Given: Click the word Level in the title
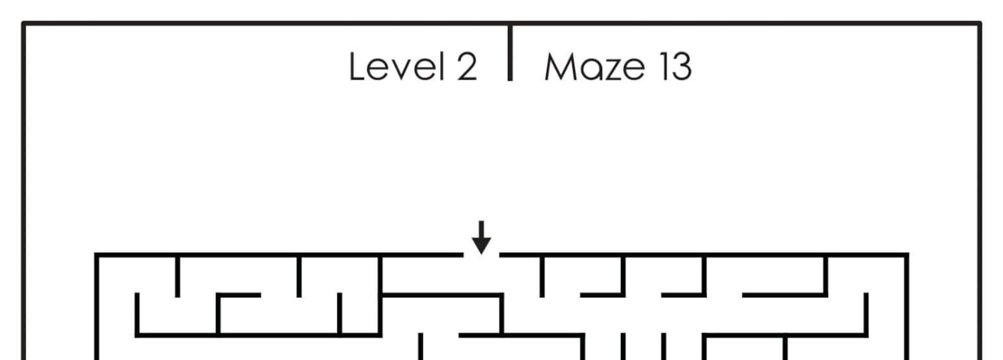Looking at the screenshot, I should point(395,66).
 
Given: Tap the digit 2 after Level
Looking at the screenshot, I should point(466,66).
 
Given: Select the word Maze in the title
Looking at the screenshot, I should point(594,66).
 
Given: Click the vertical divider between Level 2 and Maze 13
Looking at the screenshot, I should point(510,53).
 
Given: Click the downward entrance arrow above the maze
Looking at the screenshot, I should point(482,237).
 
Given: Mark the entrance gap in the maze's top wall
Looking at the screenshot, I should point(482,255).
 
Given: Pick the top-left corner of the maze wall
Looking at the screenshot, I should point(97,255).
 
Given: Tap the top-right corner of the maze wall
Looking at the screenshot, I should point(906,255).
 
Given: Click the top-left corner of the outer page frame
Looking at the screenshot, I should point(24,24).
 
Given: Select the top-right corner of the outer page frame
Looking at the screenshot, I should point(979,24).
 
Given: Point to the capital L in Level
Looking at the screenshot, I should point(356,66).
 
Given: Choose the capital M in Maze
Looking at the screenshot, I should point(560,66).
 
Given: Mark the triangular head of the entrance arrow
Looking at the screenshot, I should point(482,245).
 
